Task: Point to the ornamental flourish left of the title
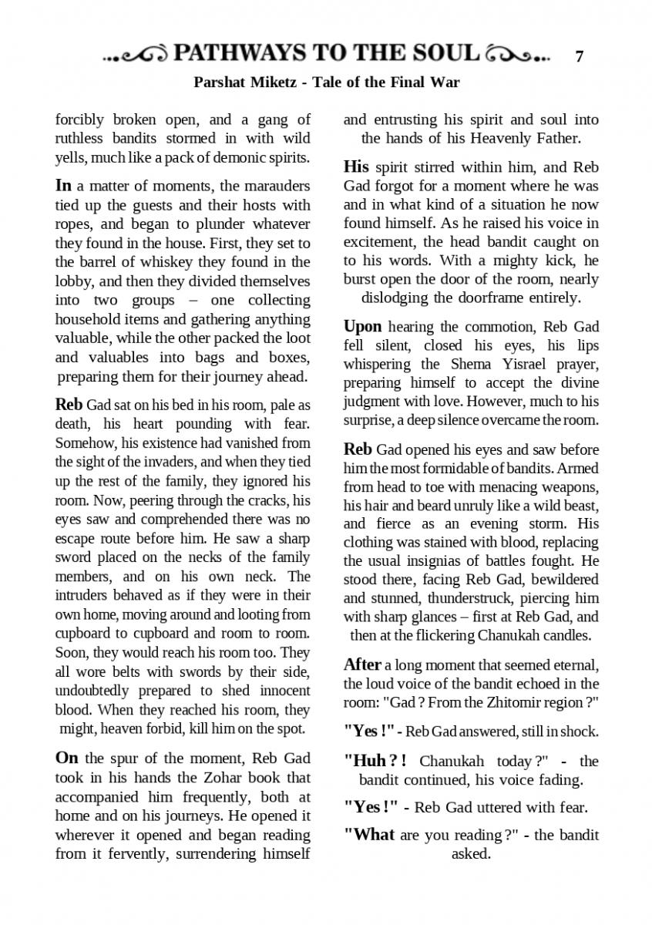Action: coord(136,55)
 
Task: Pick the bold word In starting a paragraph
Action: coord(64,186)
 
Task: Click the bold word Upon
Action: coord(362,326)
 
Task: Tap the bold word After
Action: coord(362,664)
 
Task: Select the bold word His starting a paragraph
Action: coord(356,166)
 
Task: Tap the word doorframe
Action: coord(502,298)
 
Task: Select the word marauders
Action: coord(277,187)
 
